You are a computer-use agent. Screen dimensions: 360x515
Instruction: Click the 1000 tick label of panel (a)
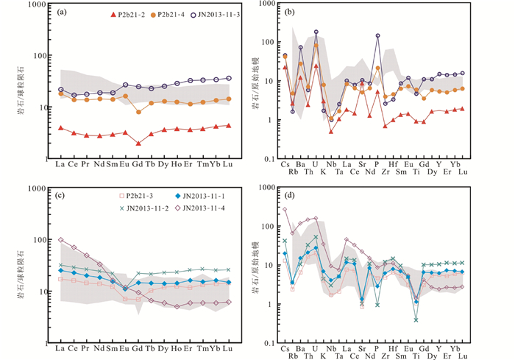(x=35, y=5)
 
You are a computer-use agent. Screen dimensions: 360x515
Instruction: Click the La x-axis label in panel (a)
(x=60, y=164)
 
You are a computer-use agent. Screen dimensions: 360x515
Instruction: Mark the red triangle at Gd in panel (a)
(x=138, y=143)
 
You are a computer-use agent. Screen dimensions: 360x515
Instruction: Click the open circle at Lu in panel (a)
(x=228, y=78)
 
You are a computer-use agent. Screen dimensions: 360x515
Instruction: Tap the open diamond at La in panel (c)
(x=60, y=240)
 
